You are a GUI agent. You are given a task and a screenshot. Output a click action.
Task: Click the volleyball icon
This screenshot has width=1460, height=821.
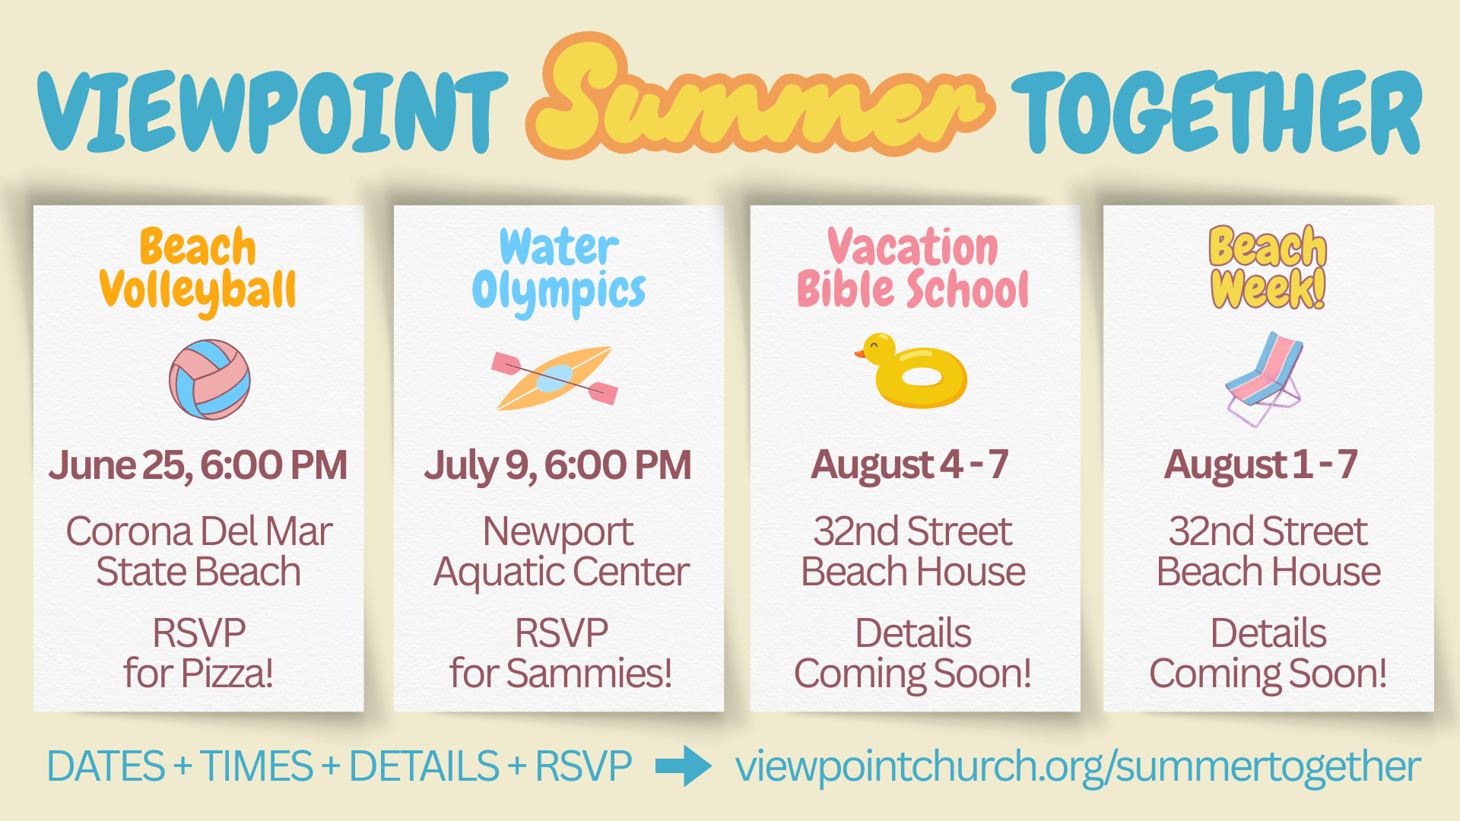click(209, 379)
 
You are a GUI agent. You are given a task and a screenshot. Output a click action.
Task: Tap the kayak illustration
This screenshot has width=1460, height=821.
click(554, 378)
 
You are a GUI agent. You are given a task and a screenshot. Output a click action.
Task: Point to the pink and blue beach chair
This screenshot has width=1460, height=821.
click(1263, 378)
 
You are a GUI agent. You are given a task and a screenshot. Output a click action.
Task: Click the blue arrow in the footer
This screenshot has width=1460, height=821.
click(683, 766)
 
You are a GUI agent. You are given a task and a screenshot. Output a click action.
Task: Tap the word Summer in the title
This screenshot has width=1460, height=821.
click(759, 99)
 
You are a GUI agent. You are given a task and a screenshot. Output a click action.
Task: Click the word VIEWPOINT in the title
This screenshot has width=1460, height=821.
click(272, 113)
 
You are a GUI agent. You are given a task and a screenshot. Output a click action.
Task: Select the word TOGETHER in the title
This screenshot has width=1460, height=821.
click(1216, 113)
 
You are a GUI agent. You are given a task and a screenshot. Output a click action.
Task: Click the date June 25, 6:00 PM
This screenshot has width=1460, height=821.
click(198, 465)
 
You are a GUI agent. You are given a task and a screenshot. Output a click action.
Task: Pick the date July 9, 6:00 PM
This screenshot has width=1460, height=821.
click(558, 465)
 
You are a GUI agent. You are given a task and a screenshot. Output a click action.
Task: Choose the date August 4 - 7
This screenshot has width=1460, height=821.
click(910, 464)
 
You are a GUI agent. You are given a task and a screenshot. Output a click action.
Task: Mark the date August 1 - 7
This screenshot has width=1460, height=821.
click(1261, 464)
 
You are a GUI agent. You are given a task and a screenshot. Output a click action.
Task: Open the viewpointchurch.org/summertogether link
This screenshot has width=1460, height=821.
click(1077, 766)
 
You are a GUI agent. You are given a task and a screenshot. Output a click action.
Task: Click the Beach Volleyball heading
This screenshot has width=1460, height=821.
click(198, 269)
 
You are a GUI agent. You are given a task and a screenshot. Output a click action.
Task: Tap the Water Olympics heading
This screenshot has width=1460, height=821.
click(559, 269)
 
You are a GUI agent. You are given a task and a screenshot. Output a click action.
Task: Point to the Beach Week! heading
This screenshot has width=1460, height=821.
click(1268, 268)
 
